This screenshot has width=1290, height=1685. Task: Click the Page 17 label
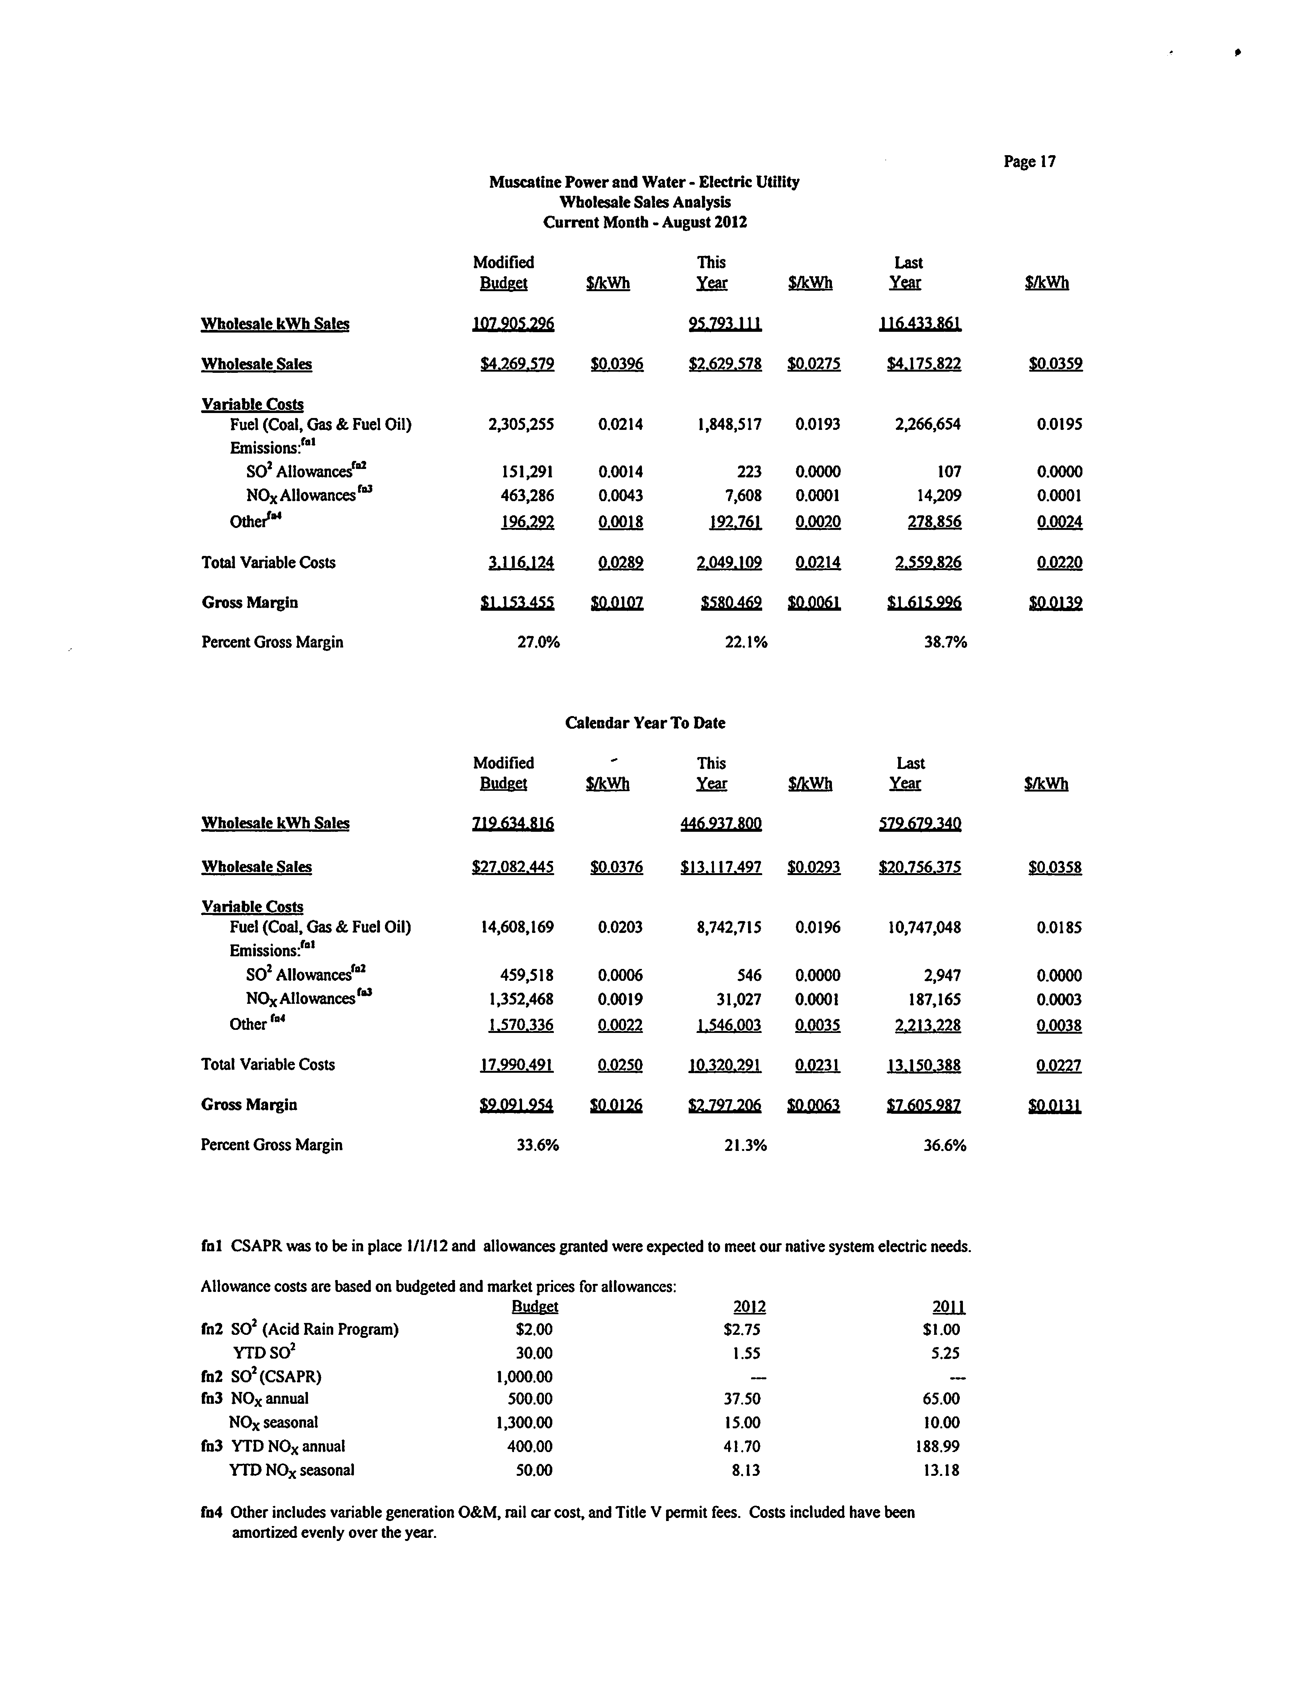1029,161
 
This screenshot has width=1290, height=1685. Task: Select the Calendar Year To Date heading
645,723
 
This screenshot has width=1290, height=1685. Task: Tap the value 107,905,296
513,324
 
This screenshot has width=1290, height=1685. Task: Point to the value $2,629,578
725,364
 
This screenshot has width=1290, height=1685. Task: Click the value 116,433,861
920,324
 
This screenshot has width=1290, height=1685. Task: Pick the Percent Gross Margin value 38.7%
945,642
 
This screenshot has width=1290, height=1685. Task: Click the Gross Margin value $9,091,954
516,1105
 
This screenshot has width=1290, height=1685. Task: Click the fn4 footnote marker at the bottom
211,1512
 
